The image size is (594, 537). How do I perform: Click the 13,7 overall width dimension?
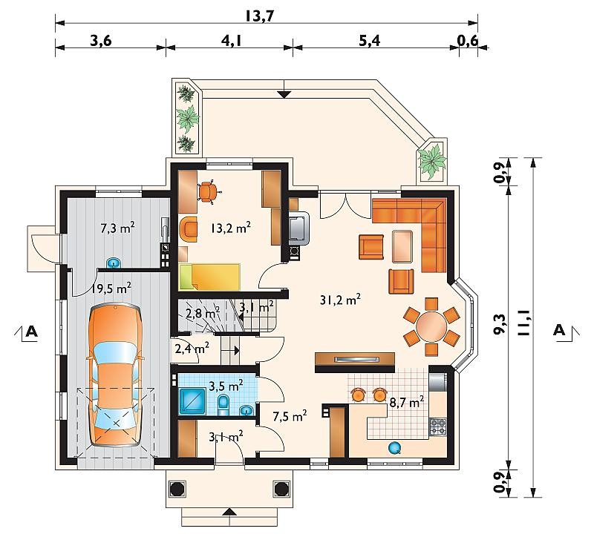[259, 16]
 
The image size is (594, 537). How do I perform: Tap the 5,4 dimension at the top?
[369, 40]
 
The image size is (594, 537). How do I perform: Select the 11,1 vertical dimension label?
[524, 320]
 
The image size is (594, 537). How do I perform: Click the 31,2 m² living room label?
[340, 300]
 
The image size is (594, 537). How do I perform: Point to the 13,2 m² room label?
[230, 228]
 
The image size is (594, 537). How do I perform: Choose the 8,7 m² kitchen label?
[406, 402]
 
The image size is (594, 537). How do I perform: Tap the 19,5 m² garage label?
[111, 289]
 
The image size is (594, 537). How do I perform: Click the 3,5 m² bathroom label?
[226, 386]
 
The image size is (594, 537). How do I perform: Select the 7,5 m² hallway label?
[290, 416]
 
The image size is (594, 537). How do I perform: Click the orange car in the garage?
[115, 375]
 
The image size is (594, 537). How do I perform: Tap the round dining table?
[431, 326]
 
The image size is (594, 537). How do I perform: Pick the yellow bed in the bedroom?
[209, 277]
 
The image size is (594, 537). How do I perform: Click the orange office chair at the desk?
[208, 192]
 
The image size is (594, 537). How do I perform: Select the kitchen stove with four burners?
[438, 427]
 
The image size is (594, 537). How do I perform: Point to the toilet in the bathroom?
[223, 403]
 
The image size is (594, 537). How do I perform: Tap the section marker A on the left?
[32, 332]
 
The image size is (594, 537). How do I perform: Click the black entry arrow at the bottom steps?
[229, 512]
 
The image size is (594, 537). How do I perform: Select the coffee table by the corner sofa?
[402, 246]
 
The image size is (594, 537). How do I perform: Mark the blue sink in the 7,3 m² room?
[114, 263]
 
